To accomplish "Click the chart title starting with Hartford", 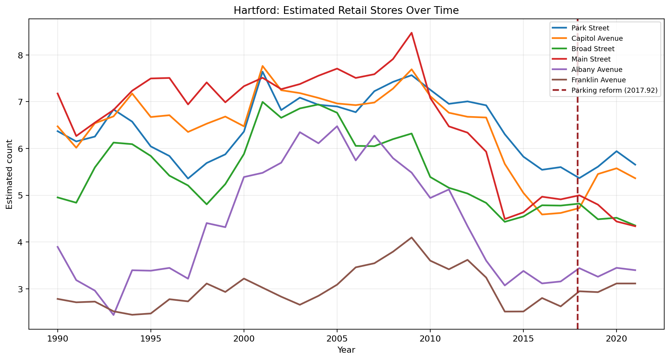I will coord(346,10).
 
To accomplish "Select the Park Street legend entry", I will coord(590,28).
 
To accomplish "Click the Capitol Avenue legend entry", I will coord(597,38).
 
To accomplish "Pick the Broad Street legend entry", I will coord(593,49).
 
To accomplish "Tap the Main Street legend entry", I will coord(591,59).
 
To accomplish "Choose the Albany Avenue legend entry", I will coord(596,70).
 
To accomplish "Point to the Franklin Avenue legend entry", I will coord(598,80).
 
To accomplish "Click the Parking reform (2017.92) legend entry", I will coord(614,90).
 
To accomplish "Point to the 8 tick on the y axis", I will coord(22,55).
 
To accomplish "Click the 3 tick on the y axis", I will coord(22,289).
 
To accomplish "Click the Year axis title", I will coord(346,350).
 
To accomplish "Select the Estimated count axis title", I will coord(10,174).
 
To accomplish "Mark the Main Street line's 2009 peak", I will coord(411,33).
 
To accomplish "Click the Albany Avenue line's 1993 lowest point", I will coord(114,315).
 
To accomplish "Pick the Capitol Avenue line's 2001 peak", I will coord(262,66).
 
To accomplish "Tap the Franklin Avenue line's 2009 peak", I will coord(411,237).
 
